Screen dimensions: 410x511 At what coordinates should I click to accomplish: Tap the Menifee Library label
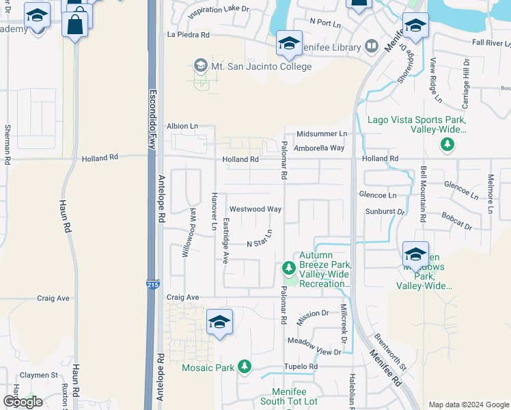click(x=333, y=47)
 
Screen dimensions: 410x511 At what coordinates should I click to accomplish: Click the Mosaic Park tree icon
click(x=245, y=368)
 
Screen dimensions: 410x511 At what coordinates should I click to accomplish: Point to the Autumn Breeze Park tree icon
click(x=289, y=266)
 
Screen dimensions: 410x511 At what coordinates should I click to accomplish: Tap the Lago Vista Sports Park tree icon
click(x=447, y=144)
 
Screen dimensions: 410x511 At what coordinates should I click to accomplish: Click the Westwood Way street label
click(x=255, y=209)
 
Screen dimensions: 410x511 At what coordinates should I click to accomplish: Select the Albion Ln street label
click(x=182, y=126)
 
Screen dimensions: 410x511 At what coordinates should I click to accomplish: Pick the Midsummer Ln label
click(x=322, y=134)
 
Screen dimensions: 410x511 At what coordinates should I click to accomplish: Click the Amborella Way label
click(x=319, y=148)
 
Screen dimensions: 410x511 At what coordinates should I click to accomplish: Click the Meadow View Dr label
click(x=314, y=346)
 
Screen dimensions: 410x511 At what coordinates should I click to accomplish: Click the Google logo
click(x=23, y=402)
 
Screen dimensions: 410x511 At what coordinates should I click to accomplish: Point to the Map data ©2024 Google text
click(x=468, y=405)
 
